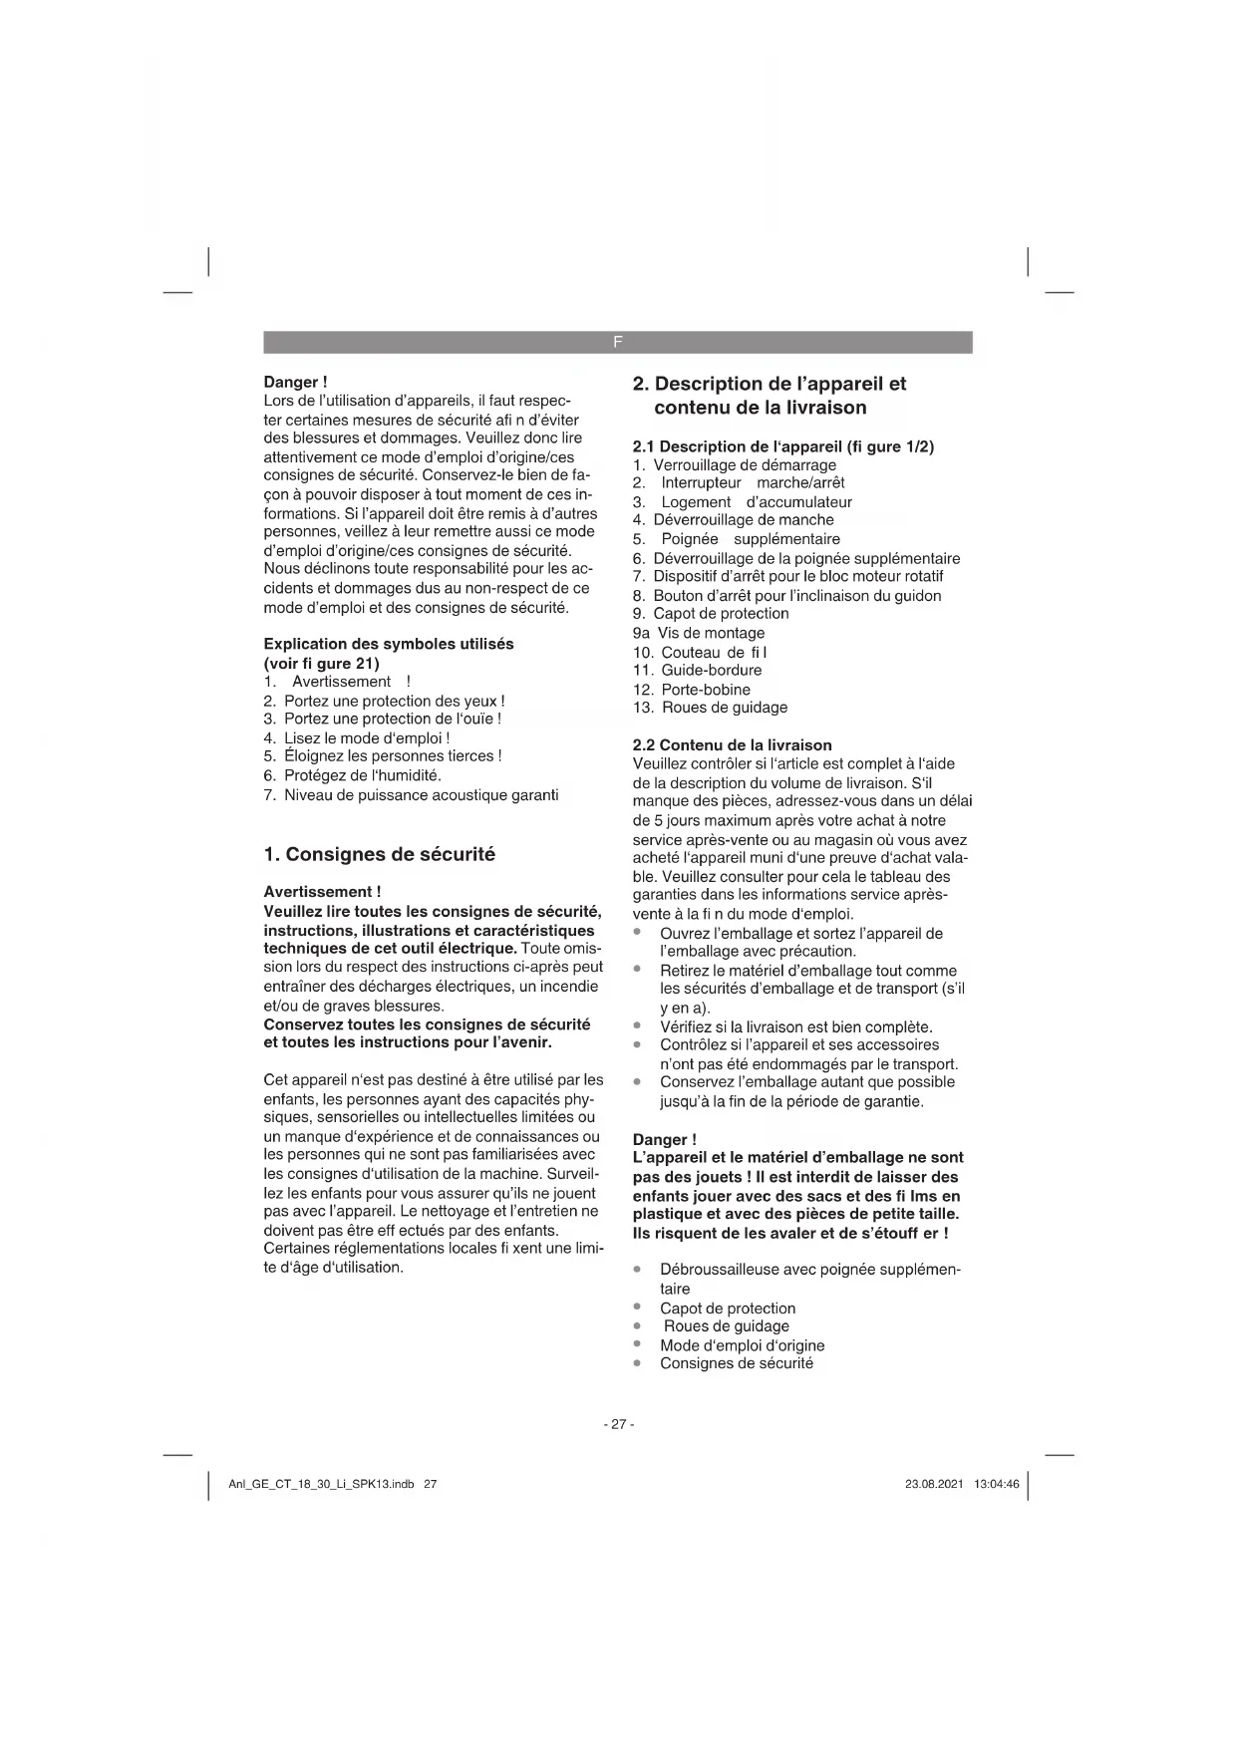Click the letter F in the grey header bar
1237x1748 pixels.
click(617, 342)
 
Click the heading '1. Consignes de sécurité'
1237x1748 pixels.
click(379, 854)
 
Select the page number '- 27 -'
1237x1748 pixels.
click(618, 1424)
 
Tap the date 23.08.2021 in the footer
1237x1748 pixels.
click(934, 1484)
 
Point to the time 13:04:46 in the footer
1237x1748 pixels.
click(997, 1484)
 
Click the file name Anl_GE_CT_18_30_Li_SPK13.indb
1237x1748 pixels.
click(321, 1484)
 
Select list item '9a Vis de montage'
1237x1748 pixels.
click(699, 633)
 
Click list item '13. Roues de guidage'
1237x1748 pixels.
click(710, 708)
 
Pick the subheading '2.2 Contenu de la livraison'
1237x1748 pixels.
click(732, 745)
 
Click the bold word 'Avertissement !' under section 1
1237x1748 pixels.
click(322, 892)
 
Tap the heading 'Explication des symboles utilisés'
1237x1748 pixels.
click(389, 644)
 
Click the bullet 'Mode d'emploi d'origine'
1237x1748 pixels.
click(742, 1345)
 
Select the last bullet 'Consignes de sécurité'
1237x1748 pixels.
click(736, 1363)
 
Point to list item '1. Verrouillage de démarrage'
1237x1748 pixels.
click(735, 465)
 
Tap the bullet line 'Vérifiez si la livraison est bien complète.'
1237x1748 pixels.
click(795, 1026)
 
